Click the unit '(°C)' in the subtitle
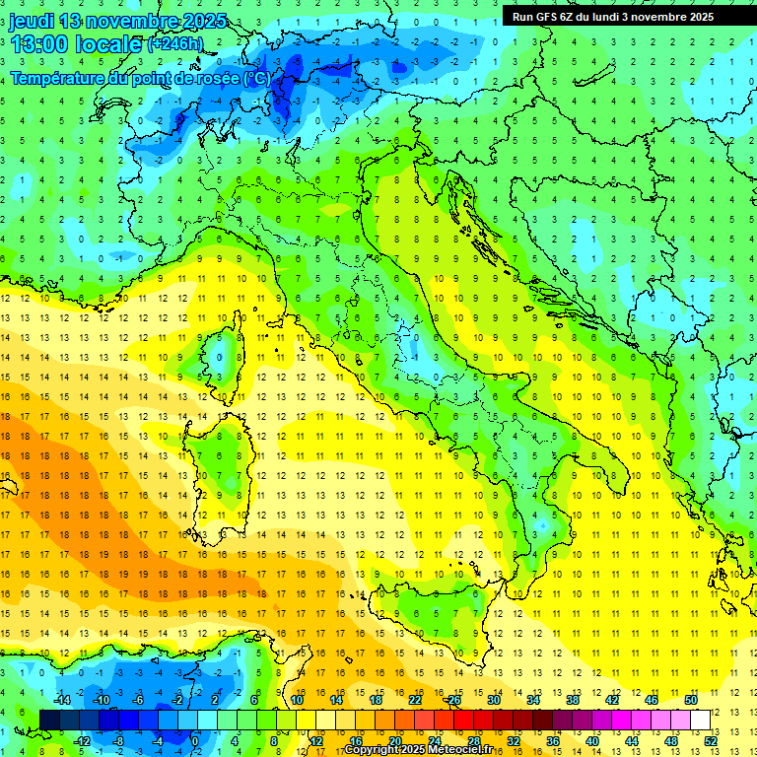pyautogui.click(x=257, y=78)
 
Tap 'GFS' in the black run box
pyautogui.click(x=549, y=17)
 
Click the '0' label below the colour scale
pyautogui.click(x=194, y=740)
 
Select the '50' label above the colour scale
pyautogui.click(x=691, y=700)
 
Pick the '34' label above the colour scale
pyautogui.click(x=533, y=700)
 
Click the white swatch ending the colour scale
pyautogui.click(x=700, y=720)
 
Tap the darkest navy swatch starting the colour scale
pyautogui.click(x=50, y=720)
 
